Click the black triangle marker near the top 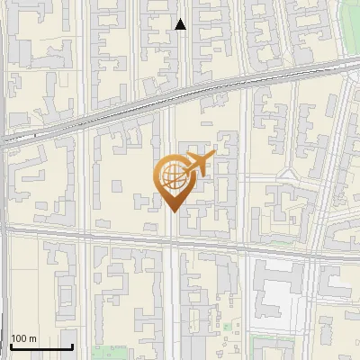[181, 25]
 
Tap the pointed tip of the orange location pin [173, 211]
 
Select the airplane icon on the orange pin [199, 164]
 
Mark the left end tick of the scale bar [10, 346]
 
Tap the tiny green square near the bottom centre [227, 327]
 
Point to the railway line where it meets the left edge [3, 138]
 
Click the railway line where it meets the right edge [356, 66]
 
